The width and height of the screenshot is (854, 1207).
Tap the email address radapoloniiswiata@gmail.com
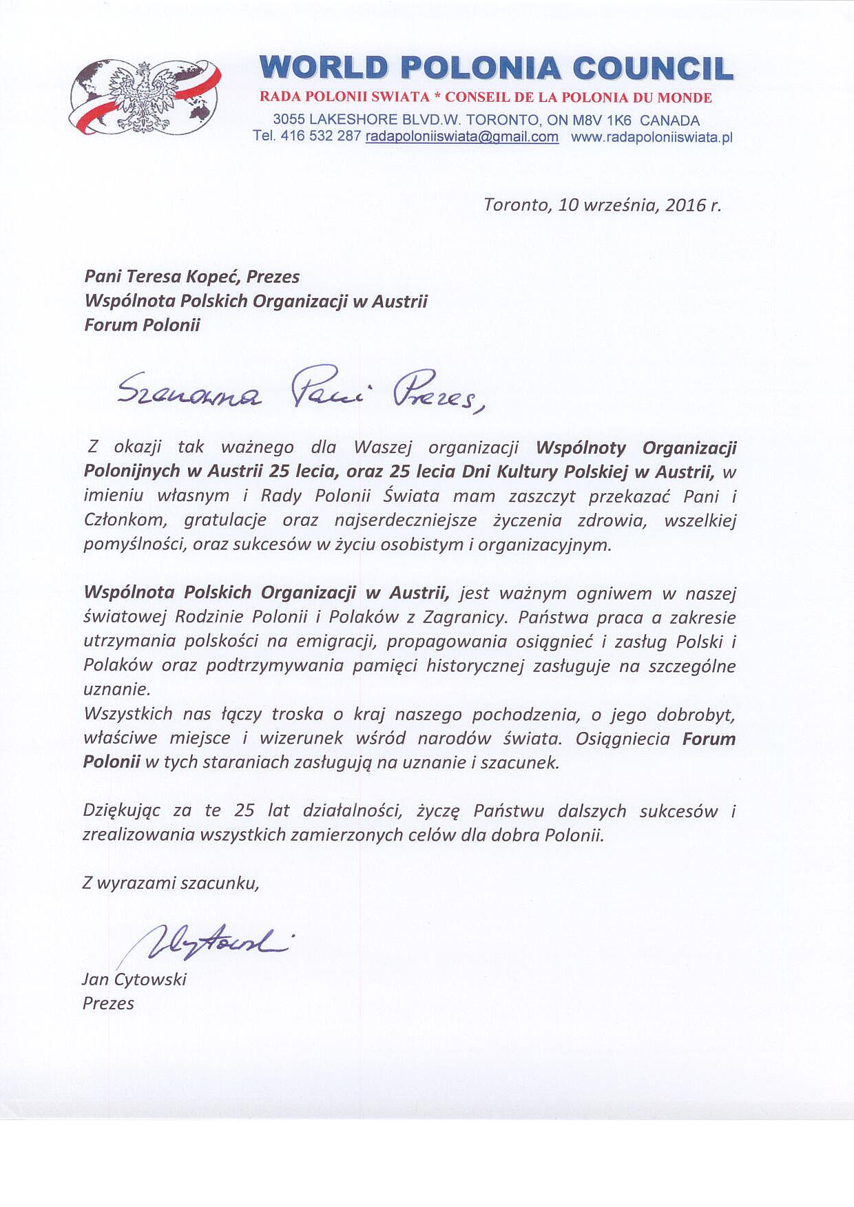coord(461,136)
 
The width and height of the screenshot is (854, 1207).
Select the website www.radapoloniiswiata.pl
coord(652,137)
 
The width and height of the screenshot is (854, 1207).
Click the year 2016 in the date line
coord(685,204)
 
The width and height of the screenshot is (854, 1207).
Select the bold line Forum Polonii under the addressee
coord(142,325)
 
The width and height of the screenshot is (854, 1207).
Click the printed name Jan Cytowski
coord(134,979)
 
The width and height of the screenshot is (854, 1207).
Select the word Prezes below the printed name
coord(108,1003)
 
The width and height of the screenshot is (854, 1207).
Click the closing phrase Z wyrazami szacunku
coord(170,883)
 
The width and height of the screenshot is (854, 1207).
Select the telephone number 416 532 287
coord(320,136)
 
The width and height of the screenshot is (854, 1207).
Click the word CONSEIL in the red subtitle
coord(472,98)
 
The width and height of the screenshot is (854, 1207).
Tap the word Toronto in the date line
coord(516,204)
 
